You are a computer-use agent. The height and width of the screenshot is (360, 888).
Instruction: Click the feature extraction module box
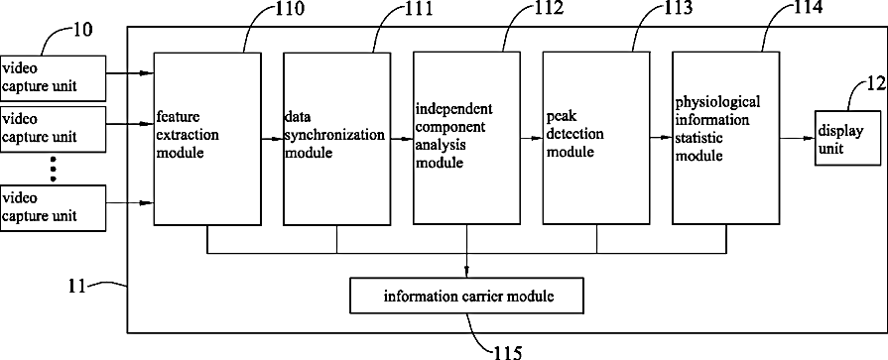[207, 139]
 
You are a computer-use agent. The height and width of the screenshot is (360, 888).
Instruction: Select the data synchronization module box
[337, 139]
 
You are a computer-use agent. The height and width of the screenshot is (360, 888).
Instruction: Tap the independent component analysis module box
[466, 139]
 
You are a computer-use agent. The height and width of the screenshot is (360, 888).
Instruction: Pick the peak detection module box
[596, 139]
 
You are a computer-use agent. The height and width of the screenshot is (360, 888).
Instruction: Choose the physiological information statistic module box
[726, 139]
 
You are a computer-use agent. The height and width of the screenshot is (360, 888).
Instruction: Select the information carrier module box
[466, 296]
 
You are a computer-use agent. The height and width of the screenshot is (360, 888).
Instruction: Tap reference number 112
[550, 9]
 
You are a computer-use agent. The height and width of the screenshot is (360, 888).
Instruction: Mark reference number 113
[679, 9]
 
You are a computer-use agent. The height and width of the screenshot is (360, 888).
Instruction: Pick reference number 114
[810, 9]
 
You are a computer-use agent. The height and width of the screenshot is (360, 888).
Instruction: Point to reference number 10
[82, 29]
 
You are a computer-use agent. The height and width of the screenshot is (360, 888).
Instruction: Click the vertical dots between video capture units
[54, 169]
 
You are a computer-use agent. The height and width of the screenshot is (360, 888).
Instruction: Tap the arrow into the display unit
[798, 138]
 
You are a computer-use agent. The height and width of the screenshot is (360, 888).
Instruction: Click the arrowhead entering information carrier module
[466, 274]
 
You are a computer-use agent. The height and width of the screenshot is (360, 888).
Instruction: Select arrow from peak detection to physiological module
[662, 138]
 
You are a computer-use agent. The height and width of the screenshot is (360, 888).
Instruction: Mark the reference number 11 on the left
[77, 287]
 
